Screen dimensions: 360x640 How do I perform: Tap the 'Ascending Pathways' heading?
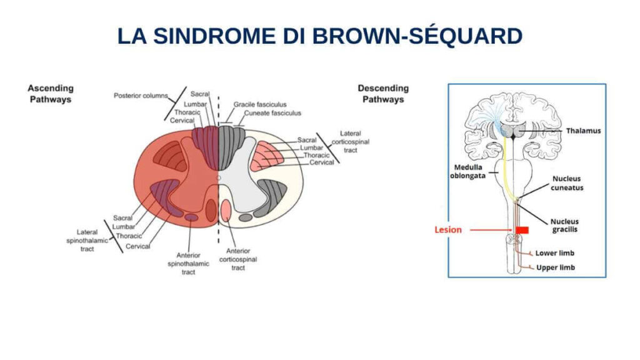click(51, 94)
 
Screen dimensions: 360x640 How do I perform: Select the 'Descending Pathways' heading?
click(383, 94)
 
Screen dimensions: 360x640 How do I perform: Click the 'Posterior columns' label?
click(141, 96)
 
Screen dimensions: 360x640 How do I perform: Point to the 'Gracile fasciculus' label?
click(259, 104)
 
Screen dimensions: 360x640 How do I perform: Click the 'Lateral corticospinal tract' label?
click(354, 142)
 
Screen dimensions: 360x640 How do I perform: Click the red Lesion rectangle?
click(522, 230)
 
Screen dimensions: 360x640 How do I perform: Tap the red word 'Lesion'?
click(448, 230)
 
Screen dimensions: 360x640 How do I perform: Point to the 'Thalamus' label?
click(583, 131)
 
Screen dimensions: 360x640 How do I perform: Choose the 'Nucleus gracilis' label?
click(564, 226)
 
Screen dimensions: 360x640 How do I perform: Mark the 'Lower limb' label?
click(554, 254)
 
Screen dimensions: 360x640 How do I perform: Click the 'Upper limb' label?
click(556, 267)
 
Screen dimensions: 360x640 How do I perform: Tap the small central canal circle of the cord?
click(218, 178)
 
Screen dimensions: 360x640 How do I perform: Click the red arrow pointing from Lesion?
click(491, 230)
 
